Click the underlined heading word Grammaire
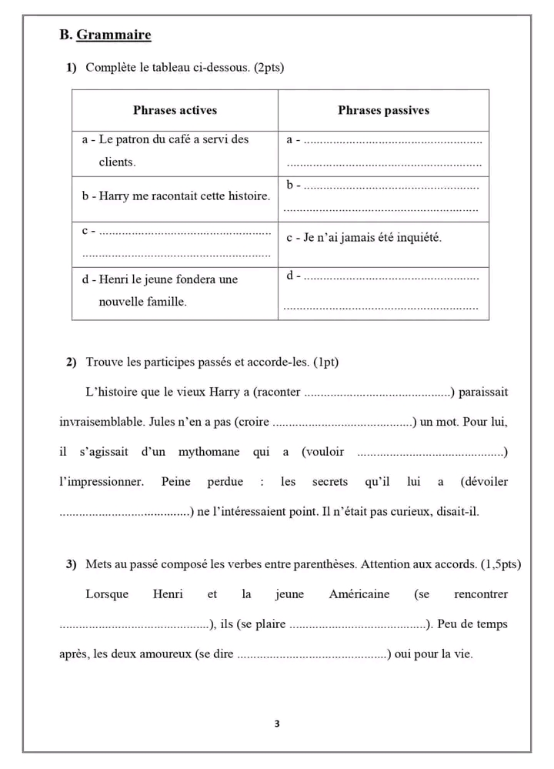coord(114,35)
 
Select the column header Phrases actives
coord(175,110)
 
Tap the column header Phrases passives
coord(383,110)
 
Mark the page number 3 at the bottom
coord(277,724)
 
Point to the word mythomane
coord(209,452)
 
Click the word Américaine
coord(359,594)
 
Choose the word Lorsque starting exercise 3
coord(107,594)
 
